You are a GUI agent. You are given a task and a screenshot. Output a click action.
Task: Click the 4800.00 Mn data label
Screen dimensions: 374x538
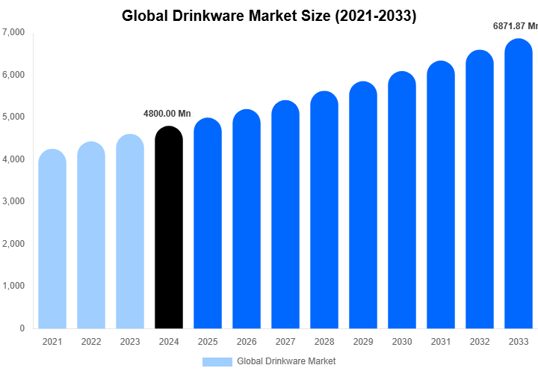pos(167,114)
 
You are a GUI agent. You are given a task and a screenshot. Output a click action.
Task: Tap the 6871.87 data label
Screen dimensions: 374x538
pos(515,26)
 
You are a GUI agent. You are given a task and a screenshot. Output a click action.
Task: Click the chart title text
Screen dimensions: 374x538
pos(269,15)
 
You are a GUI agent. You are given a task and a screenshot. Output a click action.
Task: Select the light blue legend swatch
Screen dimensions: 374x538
pos(217,361)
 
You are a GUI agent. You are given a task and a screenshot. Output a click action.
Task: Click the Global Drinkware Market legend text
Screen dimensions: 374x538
pos(286,361)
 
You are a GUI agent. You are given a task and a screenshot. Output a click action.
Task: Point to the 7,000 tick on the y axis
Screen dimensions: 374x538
pos(13,33)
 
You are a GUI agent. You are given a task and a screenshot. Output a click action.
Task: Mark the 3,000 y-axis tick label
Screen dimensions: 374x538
pos(13,202)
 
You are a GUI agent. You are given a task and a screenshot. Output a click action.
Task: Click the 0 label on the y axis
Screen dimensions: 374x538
pos(22,328)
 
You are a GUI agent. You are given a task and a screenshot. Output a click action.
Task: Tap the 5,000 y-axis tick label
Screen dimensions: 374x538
pos(13,117)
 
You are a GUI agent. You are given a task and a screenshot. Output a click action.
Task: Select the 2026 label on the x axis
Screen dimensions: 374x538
pos(247,342)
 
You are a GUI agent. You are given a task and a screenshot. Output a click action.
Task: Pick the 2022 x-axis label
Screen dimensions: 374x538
pos(91,342)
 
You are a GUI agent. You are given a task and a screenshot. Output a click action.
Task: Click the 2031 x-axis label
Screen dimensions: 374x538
pos(441,342)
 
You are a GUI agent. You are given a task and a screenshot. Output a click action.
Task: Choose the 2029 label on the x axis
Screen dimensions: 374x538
pos(363,342)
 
